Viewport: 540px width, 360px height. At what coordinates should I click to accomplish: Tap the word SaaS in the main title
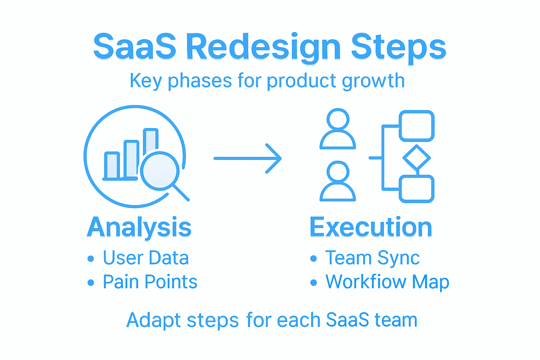click(x=135, y=47)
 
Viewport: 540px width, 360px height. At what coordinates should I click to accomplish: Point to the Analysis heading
click(x=139, y=227)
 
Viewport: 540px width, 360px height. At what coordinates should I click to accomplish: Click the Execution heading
click(x=371, y=227)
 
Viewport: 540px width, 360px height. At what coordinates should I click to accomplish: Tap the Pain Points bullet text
click(x=150, y=282)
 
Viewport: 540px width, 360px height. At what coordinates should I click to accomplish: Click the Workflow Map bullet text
click(x=387, y=282)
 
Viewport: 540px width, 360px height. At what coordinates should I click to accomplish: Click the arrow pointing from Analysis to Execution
click(x=247, y=159)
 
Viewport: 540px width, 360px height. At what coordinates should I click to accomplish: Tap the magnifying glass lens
click(x=160, y=171)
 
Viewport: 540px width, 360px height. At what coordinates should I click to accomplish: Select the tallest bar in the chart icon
click(x=151, y=141)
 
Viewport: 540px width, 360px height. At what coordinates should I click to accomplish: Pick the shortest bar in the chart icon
click(x=112, y=165)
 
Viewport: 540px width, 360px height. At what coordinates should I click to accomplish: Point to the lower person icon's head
click(x=338, y=172)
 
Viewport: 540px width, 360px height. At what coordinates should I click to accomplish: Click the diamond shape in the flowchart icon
click(x=417, y=158)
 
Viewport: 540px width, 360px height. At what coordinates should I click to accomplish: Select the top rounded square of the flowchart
click(x=417, y=126)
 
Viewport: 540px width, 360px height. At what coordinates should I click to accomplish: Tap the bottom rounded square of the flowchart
click(x=417, y=189)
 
